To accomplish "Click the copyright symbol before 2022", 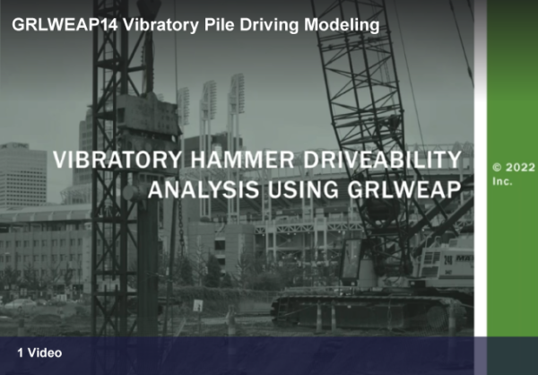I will point(498,167).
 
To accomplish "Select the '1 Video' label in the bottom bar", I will point(39,353).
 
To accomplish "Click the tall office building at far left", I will point(22,175).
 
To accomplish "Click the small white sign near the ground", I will point(197,305).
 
